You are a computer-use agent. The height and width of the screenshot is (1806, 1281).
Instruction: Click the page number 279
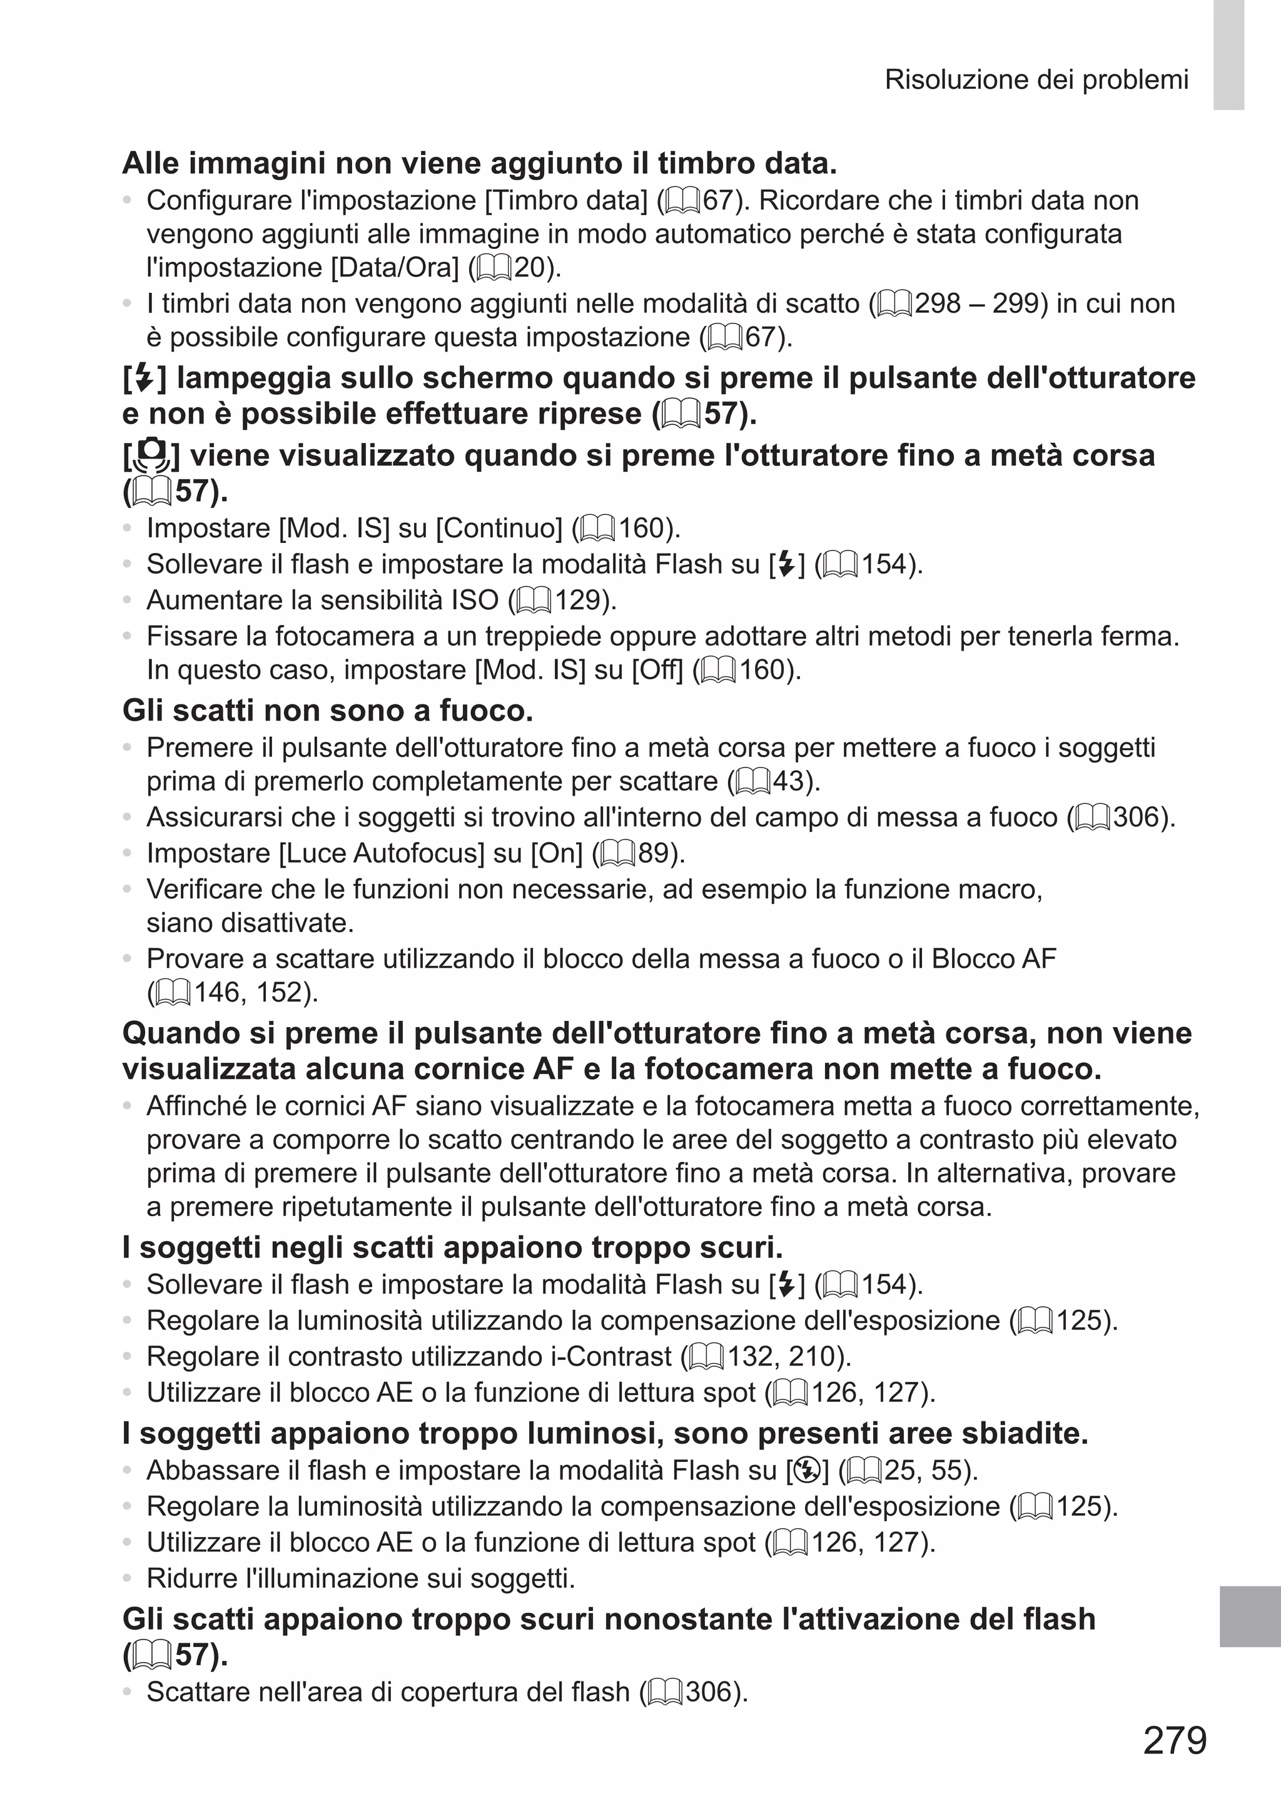click(x=1175, y=1740)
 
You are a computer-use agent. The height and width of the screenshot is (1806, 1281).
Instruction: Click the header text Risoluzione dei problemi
click(x=1036, y=79)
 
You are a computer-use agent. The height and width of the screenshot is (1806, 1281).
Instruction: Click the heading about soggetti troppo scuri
click(x=452, y=1247)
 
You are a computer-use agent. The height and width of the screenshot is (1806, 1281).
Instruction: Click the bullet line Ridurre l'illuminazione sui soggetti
click(x=360, y=1578)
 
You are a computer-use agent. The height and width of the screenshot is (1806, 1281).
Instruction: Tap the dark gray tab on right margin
click(x=1250, y=1616)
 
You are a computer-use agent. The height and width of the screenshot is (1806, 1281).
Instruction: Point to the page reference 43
click(x=792, y=781)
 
